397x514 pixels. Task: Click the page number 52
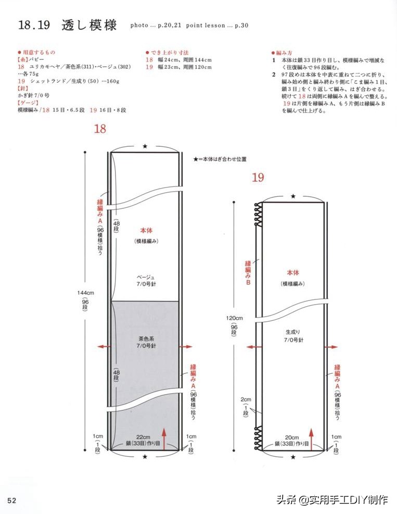pos(11,500)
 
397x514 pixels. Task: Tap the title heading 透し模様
pos(89,24)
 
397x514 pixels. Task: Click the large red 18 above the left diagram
pos(100,129)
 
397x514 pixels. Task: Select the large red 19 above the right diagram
pos(258,178)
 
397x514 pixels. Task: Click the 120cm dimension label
pos(234,318)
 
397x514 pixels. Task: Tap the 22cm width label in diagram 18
pos(144,437)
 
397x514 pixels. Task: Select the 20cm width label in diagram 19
pos(292,437)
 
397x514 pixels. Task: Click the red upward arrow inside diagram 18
pos(164,437)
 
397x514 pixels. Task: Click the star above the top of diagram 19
pos(293,196)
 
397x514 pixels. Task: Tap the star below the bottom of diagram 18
pos(145,457)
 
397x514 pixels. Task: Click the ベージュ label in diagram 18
pos(146,277)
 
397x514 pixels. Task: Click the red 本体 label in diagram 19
pos(293,272)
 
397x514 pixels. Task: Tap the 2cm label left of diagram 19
pos(246,399)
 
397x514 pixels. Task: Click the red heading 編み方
pos(285,53)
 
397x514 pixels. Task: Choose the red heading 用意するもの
pos(38,53)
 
